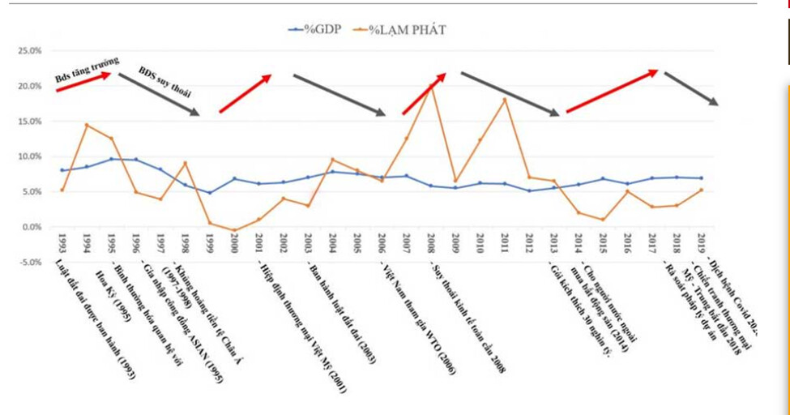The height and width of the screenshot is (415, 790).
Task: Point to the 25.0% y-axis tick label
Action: pyautogui.click(x=28, y=51)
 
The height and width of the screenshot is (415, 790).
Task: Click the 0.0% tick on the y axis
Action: pyautogui.click(x=30, y=227)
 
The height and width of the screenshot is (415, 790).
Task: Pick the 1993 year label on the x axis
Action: pyautogui.click(x=62, y=246)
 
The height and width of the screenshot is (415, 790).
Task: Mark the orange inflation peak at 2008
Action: pyautogui.click(x=431, y=85)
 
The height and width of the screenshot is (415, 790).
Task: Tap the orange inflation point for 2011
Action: pyautogui.click(x=505, y=100)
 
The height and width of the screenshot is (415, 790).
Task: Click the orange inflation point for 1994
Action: pyautogui.click(x=87, y=125)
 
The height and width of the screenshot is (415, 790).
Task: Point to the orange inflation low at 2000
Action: pyautogui.click(x=234, y=230)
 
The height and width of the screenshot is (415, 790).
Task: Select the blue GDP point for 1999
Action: pyautogui.click(x=210, y=193)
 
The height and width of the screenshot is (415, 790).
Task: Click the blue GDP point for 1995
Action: pyautogui.click(x=111, y=159)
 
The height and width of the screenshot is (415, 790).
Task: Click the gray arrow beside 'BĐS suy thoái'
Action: pyautogui.click(x=159, y=95)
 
